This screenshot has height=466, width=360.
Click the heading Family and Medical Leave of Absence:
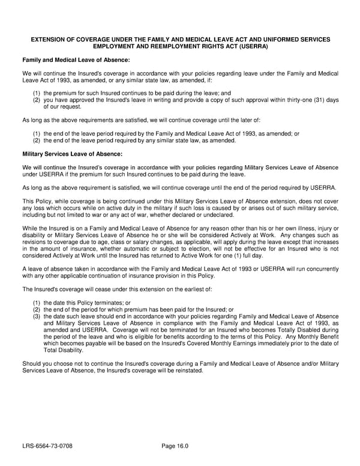76,60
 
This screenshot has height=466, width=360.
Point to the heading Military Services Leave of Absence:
72,154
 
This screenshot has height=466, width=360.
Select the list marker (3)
37,316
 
